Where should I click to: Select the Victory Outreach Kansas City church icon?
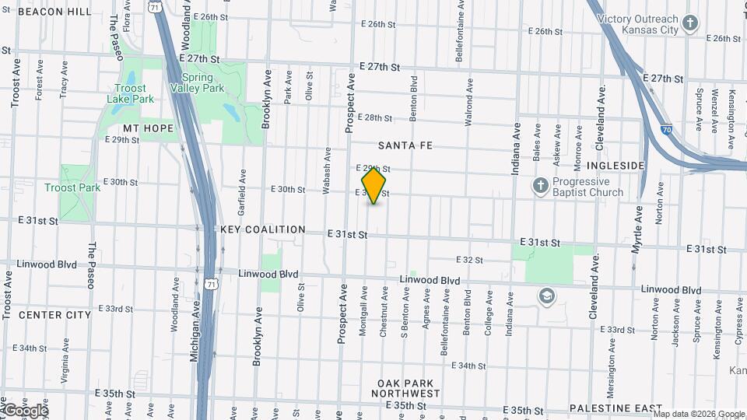click(689, 23)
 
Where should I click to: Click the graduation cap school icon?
click(547, 296)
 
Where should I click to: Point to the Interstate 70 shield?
click(667, 130)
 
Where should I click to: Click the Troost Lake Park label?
click(131, 93)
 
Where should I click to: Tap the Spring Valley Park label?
click(202, 82)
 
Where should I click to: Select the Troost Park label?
click(72, 187)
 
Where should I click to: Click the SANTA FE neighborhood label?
click(405, 145)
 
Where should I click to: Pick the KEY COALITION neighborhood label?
click(263, 229)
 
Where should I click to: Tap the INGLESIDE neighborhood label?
click(616, 166)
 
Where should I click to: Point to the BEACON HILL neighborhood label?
click(54, 12)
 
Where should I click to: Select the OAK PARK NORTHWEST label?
click(409, 388)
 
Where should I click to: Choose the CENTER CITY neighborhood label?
click(54, 315)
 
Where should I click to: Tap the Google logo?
click(25, 410)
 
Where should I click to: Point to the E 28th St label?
click(379, 118)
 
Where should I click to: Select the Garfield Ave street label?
click(244, 192)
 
